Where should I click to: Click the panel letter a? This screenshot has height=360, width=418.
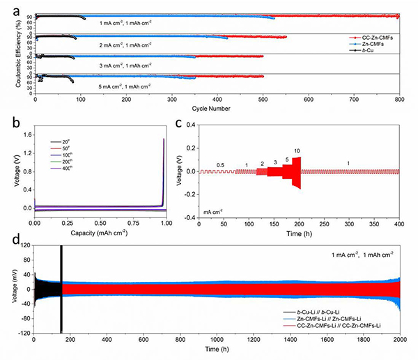6,6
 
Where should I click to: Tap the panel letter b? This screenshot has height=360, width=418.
6,126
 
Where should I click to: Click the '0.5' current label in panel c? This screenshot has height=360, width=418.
220,165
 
